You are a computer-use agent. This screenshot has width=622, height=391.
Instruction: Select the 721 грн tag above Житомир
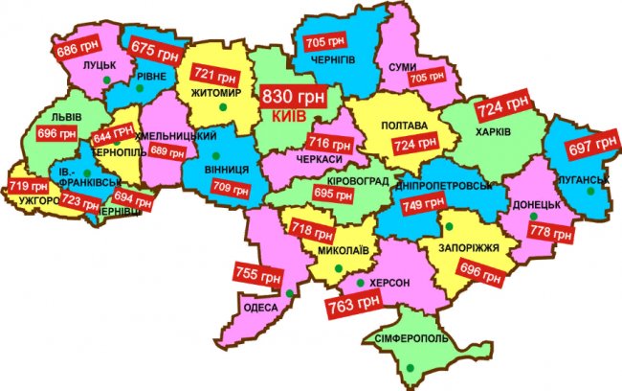click(x=214, y=75)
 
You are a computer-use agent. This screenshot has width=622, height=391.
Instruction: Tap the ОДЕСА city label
click(x=262, y=307)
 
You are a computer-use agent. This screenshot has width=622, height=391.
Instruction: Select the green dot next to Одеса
click(x=288, y=293)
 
